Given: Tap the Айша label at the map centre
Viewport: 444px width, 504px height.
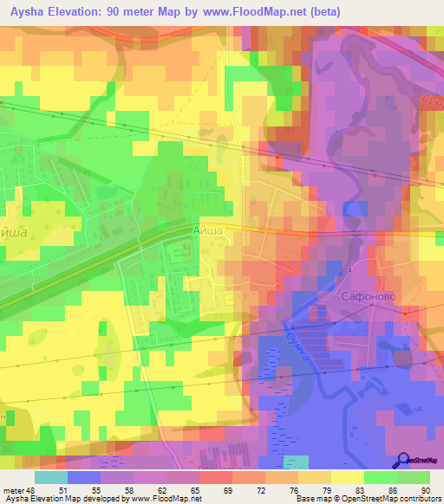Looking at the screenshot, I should pyautogui.click(x=208, y=231).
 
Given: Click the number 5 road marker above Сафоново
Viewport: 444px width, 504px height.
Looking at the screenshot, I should pyautogui.click(x=350, y=270).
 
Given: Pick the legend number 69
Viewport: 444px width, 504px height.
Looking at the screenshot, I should pyautogui.click(x=203, y=489).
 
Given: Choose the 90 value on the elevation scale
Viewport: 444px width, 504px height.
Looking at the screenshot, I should pyautogui.click(x=426, y=489).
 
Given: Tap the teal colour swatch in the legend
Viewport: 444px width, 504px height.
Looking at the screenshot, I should pyautogui.click(x=51, y=477).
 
